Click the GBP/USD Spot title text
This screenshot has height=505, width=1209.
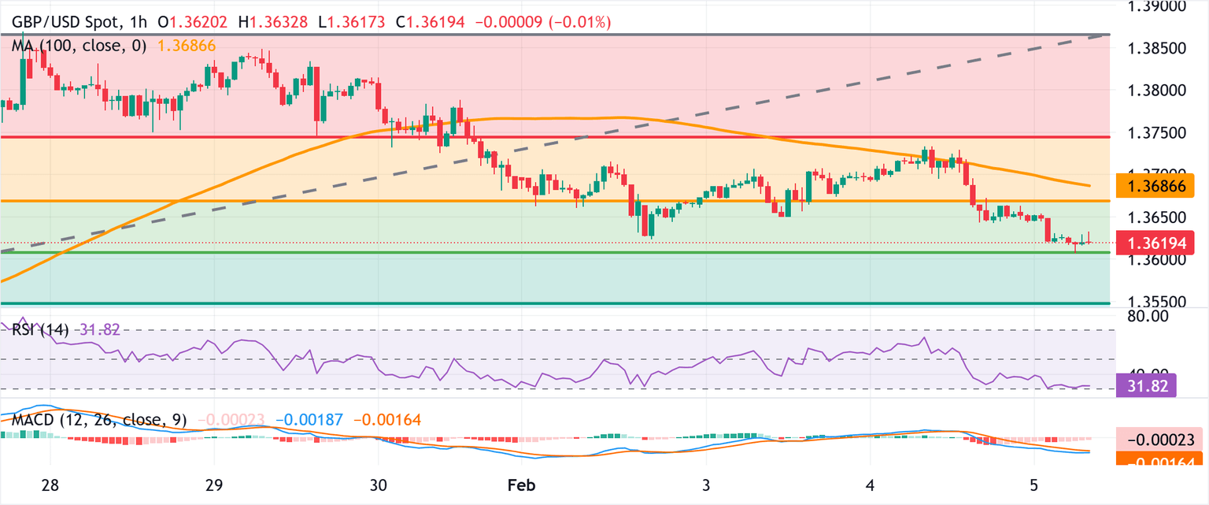pos(66,24)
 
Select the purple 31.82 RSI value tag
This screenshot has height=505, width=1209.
pos(1146,386)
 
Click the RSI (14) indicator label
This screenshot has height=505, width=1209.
pos(39,329)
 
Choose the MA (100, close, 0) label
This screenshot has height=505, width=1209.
pos(79,46)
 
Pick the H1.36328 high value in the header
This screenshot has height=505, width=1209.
pos(279,24)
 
